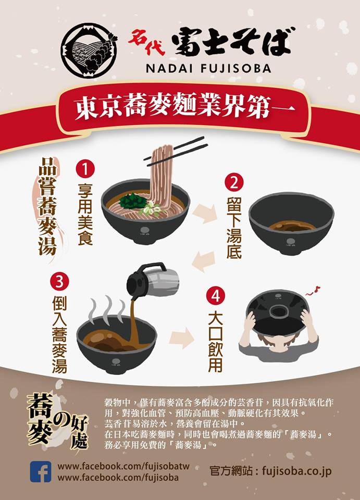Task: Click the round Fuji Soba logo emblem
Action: click(x=89, y=51)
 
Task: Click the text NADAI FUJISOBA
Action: click(x=208, y=68)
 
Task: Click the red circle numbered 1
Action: click(x=85, y=169)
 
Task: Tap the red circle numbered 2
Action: click(x=234, y=183)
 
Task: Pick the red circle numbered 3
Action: click(x=59, y=282)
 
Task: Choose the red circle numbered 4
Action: click(x=216, y=296)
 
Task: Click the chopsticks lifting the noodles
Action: click(x=176, y=151)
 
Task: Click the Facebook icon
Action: click(x=41, y=472)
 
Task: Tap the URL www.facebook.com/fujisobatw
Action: click(x=123, y=467)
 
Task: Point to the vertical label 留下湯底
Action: click(x=234, y=228)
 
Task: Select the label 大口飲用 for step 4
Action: click(x=216, y=342)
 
